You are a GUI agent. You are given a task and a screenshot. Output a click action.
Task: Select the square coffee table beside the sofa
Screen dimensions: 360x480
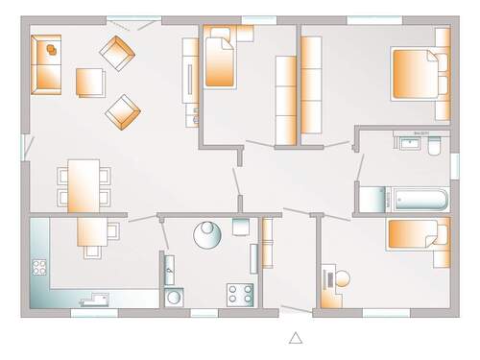click(89, 83)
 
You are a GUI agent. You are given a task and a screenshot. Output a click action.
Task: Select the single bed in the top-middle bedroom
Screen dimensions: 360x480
click(221, 60)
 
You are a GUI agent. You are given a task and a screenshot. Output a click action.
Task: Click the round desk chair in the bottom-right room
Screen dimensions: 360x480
click(342, 280)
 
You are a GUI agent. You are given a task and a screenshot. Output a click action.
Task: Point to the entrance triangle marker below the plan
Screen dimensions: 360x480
click(296, 337)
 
